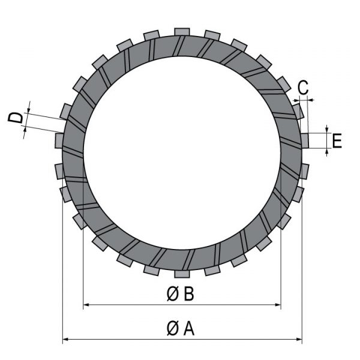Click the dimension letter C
click(303, 88)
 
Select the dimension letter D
click(16, 118)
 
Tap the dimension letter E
click(337, 141)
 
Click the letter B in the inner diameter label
click(189, 294)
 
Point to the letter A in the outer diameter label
click(189, 329)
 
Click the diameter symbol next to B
click(172, 294)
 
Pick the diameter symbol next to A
click(172, 329)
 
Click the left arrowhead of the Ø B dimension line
click(86, 305)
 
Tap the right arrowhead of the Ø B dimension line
click(278, 305)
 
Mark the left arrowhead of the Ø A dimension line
click(66, 339)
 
